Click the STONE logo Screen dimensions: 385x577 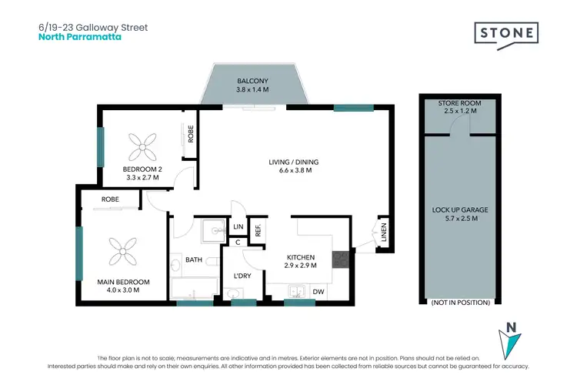(x=505, y=33)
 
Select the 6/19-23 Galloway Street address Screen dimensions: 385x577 (x=92, y=27)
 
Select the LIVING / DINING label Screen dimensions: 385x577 (x=293, y=162)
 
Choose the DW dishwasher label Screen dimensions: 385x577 (x=319, y=291)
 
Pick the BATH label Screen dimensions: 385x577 (x=194, y=259)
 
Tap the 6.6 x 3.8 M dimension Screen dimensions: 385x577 (x=293, y=171)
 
